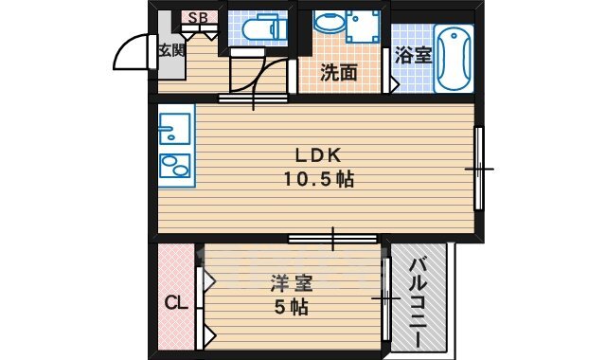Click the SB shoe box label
click(199, 16)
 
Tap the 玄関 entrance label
click(171, 50)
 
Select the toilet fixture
click(257, 29)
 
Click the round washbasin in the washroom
click(328, 23)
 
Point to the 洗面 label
click(338, 71)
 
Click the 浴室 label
click(413, 56)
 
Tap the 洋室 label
click(291, 283)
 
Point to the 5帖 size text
click(292, 307)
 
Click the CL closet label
click(175, 303)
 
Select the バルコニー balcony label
click(417, 299)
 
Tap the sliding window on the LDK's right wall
click(479, 169)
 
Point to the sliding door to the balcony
click(386, 298)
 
